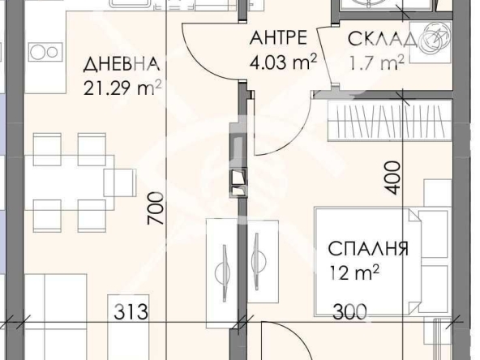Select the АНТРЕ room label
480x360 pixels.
pyautogui.click(x=278, y=37)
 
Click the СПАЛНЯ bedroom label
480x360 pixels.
pyautogui.click(x=368, y=249)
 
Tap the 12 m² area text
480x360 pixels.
pyautogui.click(x=354, y=272)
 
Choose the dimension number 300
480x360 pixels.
pyautogui.click(x=347, y=311)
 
